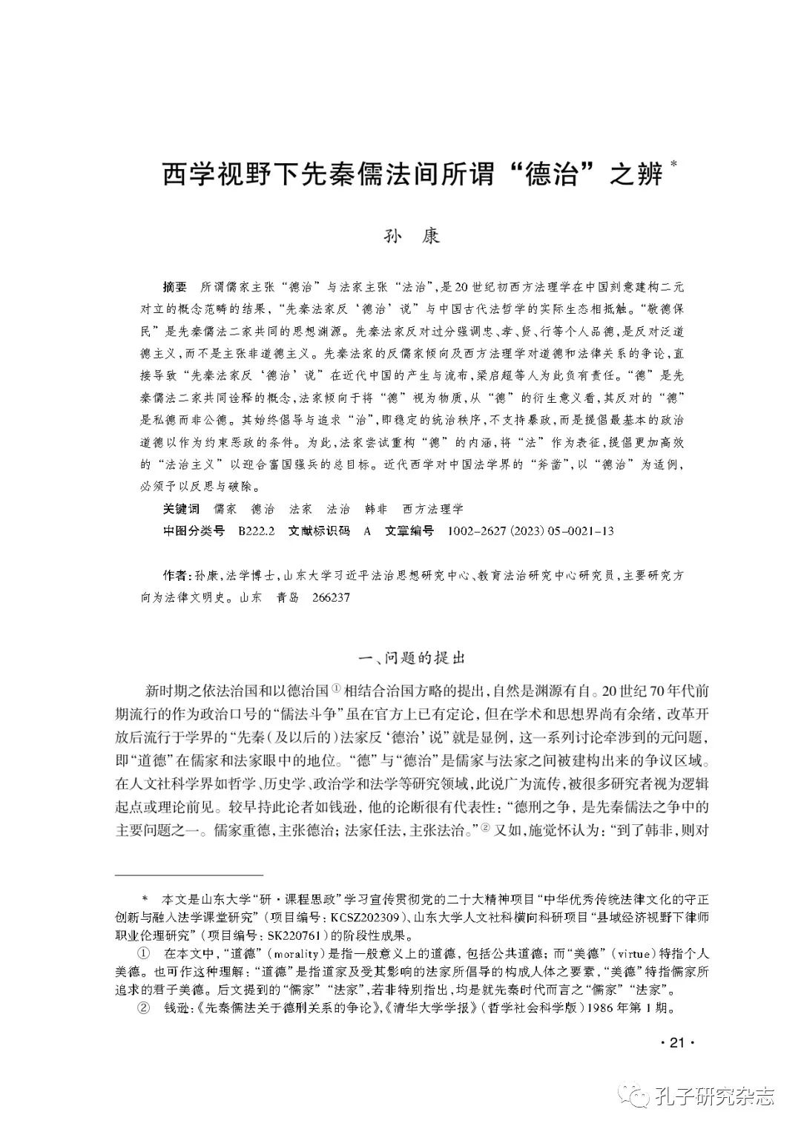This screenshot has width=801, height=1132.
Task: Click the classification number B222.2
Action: tap(257, 531)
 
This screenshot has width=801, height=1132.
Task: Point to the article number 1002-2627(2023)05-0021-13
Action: tap(531, 531)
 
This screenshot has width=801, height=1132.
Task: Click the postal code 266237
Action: tap(332, 597)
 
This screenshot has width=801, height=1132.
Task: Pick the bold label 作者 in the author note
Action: tap(174, 576)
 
